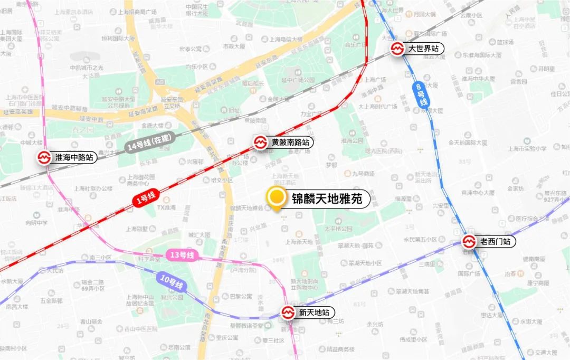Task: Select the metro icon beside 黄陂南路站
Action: [260, 143]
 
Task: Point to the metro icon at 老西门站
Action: [469, 242]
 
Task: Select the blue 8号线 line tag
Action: [421, 95]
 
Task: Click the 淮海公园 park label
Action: [353, 141]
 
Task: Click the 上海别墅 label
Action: [139, 229]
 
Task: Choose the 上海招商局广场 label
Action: [139, 13]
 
